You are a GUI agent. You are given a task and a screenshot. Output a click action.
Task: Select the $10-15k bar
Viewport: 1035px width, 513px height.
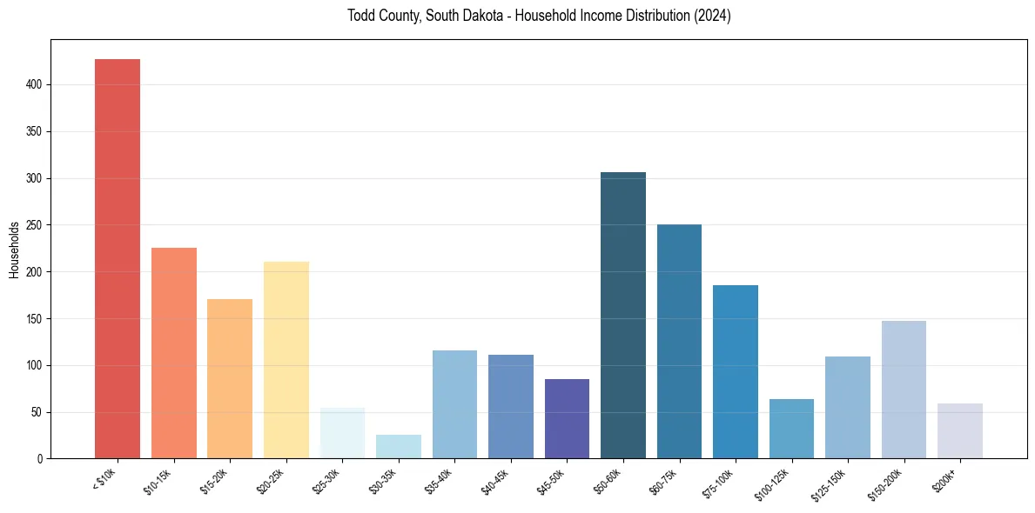tap(174, 353)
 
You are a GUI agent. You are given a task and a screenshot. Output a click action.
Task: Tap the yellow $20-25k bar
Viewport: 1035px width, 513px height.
tap(286, 360)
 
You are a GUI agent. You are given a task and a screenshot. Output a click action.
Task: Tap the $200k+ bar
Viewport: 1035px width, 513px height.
tap(960, 430)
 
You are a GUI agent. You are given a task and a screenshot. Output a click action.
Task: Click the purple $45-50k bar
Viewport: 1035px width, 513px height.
tap(567, 418)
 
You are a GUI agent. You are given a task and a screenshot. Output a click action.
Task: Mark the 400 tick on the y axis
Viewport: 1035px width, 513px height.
tap(44, 85)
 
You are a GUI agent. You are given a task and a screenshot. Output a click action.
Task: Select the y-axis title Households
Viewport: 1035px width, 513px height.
tap(14, 250)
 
